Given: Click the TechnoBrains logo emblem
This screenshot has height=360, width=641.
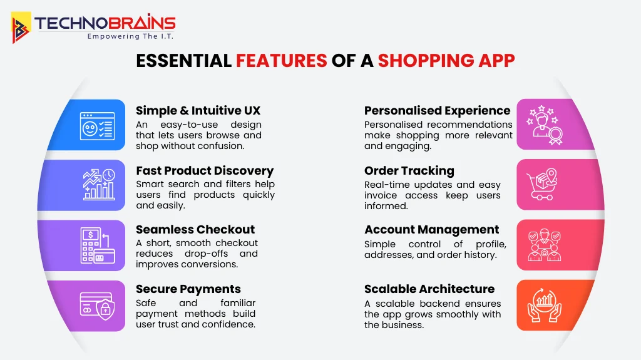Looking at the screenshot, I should [x=21, y=28].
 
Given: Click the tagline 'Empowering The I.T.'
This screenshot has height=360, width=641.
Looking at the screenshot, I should [x=130, y=36].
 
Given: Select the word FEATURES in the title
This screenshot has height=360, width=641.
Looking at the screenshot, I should [x=281, y=61].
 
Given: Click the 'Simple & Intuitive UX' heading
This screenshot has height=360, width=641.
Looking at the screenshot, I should [x=198, y=111].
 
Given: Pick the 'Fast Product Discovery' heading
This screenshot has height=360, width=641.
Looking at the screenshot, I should [x=205, y=171].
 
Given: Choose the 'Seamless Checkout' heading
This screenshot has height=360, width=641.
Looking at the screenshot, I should [x=195, y=230].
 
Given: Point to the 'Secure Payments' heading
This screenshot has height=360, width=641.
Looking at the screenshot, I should [x=188, y=289].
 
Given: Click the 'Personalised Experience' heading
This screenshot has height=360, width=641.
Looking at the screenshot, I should [x=437, y=111].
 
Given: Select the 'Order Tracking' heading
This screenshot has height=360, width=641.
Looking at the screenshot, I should [x=409, y=171].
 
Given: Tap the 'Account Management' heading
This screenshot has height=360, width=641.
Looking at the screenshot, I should [x=432, y=230].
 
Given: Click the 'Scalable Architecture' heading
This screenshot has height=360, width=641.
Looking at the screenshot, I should [x=429, y=289].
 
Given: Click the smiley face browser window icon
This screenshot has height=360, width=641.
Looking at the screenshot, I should [x=97, y=125].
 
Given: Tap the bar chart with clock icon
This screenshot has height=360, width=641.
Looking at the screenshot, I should [x=99, y=184].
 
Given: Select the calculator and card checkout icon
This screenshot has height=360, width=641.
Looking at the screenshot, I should [x=97, y=245].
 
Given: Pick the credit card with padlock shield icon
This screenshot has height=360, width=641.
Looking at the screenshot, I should [x=97, y=305].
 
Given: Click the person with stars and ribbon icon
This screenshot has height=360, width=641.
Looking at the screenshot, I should [x=543, y=124].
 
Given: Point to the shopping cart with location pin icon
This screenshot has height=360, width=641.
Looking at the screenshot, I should [x=543, y=184].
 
